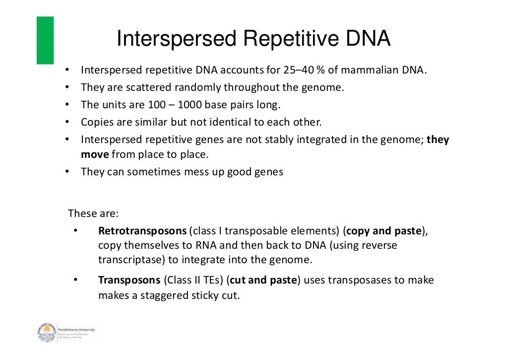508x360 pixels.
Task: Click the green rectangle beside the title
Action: click(x=45, y=40)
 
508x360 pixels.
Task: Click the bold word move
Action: click(x=95, y=154)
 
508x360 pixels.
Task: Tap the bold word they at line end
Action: click(x=438, y=140)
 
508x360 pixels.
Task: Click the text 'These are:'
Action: click(x=93, y=214)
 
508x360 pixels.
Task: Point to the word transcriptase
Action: click(x=130, y=259)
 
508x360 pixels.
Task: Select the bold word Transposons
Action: click(x=129, y=280)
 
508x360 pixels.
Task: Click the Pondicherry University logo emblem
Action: click(x=47, y=333)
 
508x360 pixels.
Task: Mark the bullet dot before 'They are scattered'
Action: click(x=66, y=87)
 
